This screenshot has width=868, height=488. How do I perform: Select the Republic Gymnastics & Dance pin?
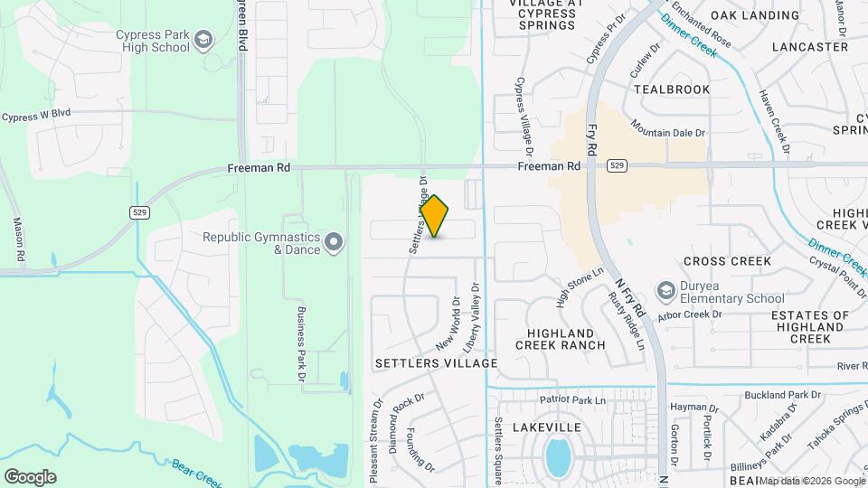(x=335, y=241)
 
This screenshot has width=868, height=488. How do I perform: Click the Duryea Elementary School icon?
(x=667, y=290)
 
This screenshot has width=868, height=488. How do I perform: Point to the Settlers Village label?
(x=437, y=363)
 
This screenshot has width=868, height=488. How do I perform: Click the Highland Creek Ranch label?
(x=561, y=339)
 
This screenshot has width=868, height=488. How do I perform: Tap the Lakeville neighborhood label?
(x=545, y=427)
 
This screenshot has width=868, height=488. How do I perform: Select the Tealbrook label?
(x=668, y=89)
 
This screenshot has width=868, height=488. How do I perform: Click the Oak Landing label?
(x=755, y=15)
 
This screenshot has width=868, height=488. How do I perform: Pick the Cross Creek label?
(x=727, y=261)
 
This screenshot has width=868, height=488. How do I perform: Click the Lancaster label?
(x=810, y=47)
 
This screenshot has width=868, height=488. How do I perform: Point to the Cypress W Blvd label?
(x=36, y=117)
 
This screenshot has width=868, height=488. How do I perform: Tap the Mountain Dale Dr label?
(x=667, y=128)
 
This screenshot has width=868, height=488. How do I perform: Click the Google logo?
(x=30, y=476)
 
